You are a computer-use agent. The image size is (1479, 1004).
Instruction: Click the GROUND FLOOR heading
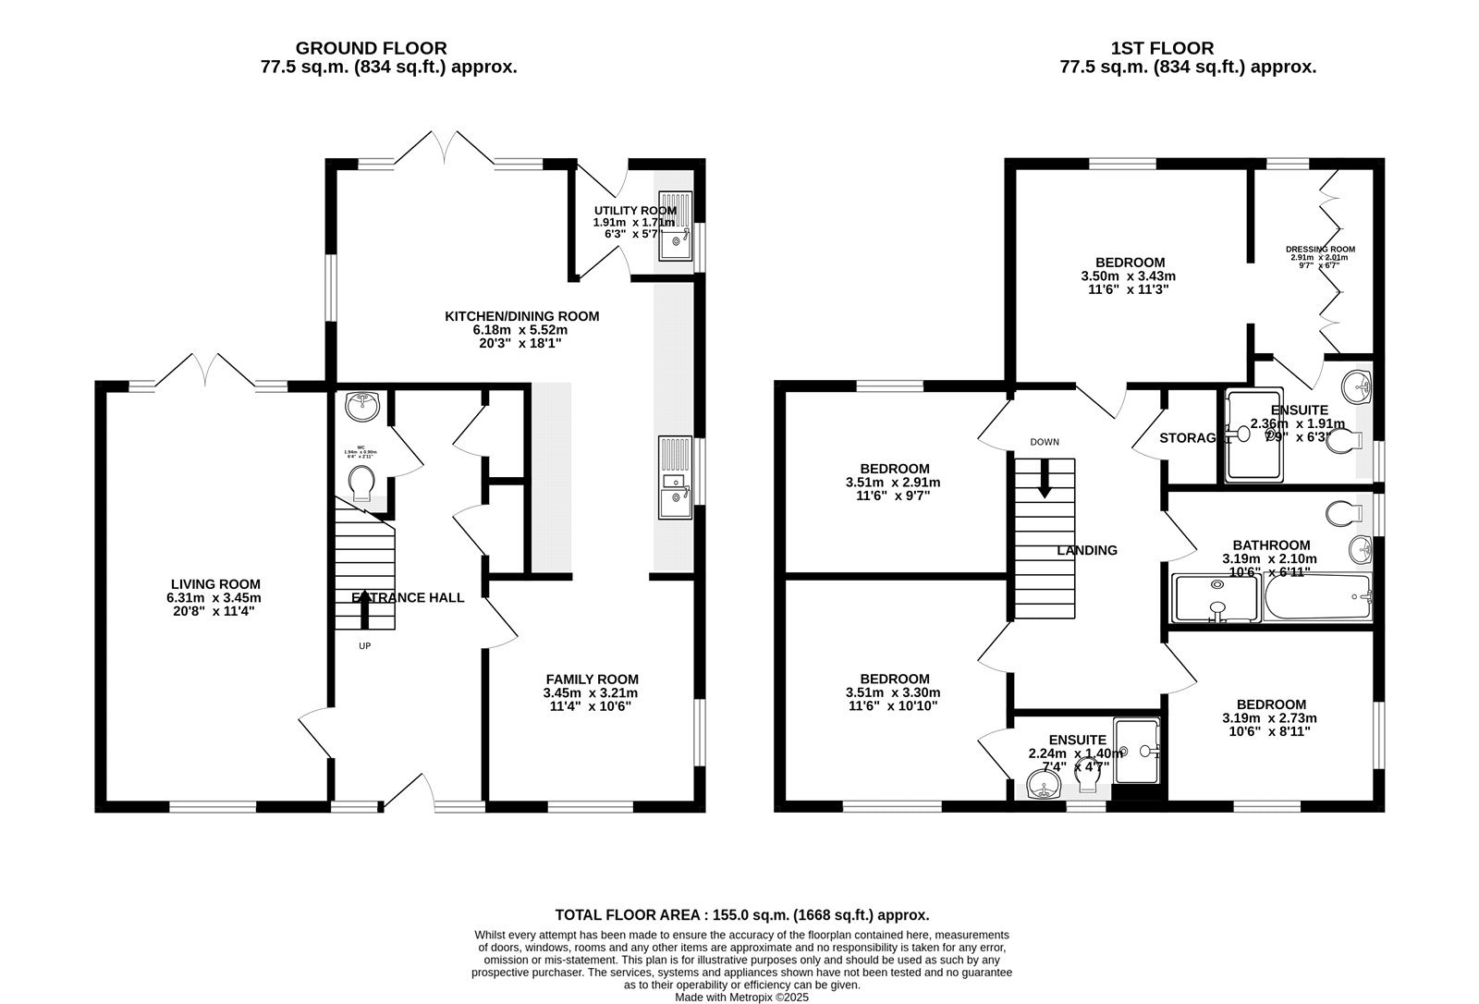[371, 48]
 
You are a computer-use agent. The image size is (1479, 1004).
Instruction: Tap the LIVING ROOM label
[215, 584]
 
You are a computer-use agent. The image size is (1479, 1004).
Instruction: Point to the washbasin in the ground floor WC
[361, 404]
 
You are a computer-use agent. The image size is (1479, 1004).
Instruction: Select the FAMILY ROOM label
[592, 679]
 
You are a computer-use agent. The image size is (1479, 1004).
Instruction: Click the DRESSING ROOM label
[1320, 249]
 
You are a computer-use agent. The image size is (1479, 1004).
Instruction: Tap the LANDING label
[1087, 550]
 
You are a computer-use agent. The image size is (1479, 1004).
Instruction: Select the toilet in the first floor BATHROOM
[1341, 510]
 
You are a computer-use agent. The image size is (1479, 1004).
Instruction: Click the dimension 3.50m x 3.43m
[1128, 275]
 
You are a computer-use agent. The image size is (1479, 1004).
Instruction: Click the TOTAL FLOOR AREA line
[741, 915]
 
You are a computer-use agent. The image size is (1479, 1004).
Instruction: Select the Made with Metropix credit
[741, 998]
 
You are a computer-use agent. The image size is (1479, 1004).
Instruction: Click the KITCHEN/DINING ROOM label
[521, 316]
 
